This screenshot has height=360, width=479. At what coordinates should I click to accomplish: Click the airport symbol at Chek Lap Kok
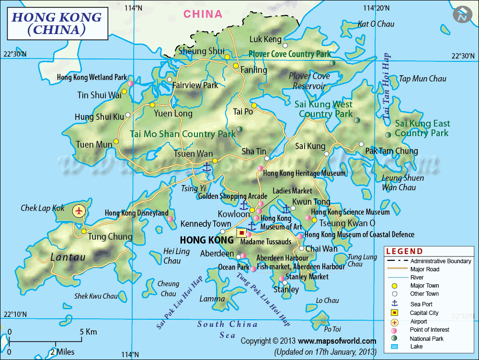coord(80,210)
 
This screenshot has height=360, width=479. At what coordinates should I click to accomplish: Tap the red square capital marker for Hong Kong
coord(242,233)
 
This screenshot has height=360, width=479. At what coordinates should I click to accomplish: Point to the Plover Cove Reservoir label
coord(309,81)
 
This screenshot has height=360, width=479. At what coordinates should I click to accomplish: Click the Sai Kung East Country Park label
coord(422,128)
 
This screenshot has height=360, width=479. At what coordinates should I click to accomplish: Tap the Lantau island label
coord(68,257)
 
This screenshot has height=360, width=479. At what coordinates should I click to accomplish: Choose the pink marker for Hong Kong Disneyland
coord(170,219)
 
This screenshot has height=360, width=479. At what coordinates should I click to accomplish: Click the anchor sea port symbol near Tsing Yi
coord(206,167)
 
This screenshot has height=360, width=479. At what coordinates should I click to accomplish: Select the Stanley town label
coord(286,289)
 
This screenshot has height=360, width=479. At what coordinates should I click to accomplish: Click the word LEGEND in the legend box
coord(405,251)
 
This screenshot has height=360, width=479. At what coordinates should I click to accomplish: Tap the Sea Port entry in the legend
coord(422,303)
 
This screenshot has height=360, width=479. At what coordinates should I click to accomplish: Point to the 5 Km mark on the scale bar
coord(88,332)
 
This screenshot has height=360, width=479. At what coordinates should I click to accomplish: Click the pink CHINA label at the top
coord(203,14)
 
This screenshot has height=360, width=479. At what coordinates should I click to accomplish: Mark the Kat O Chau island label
coord(376,24)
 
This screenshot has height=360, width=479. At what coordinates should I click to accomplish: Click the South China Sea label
coord(228,330)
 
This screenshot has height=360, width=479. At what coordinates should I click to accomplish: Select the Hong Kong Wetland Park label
coord(91,77)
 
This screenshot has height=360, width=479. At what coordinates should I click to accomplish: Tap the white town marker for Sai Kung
coord(327,154)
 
